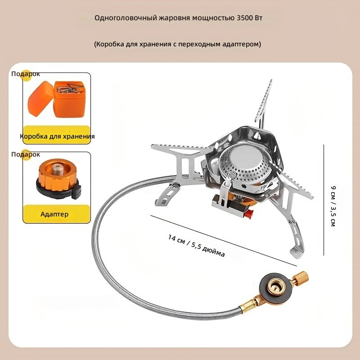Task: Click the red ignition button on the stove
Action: pyautogui.click(x=249, y=214)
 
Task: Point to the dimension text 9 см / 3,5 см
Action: pyautogui.click(x=333, y=206)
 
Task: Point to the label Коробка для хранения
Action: pyautogui.click(x=57, y=136)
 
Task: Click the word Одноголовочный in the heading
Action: pyautogui.click(x=126, y=18)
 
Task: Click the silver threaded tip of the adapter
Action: pyautogui.click(x=56, y=169)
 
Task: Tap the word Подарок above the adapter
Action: pyautogui.click(x=26, y=154)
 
